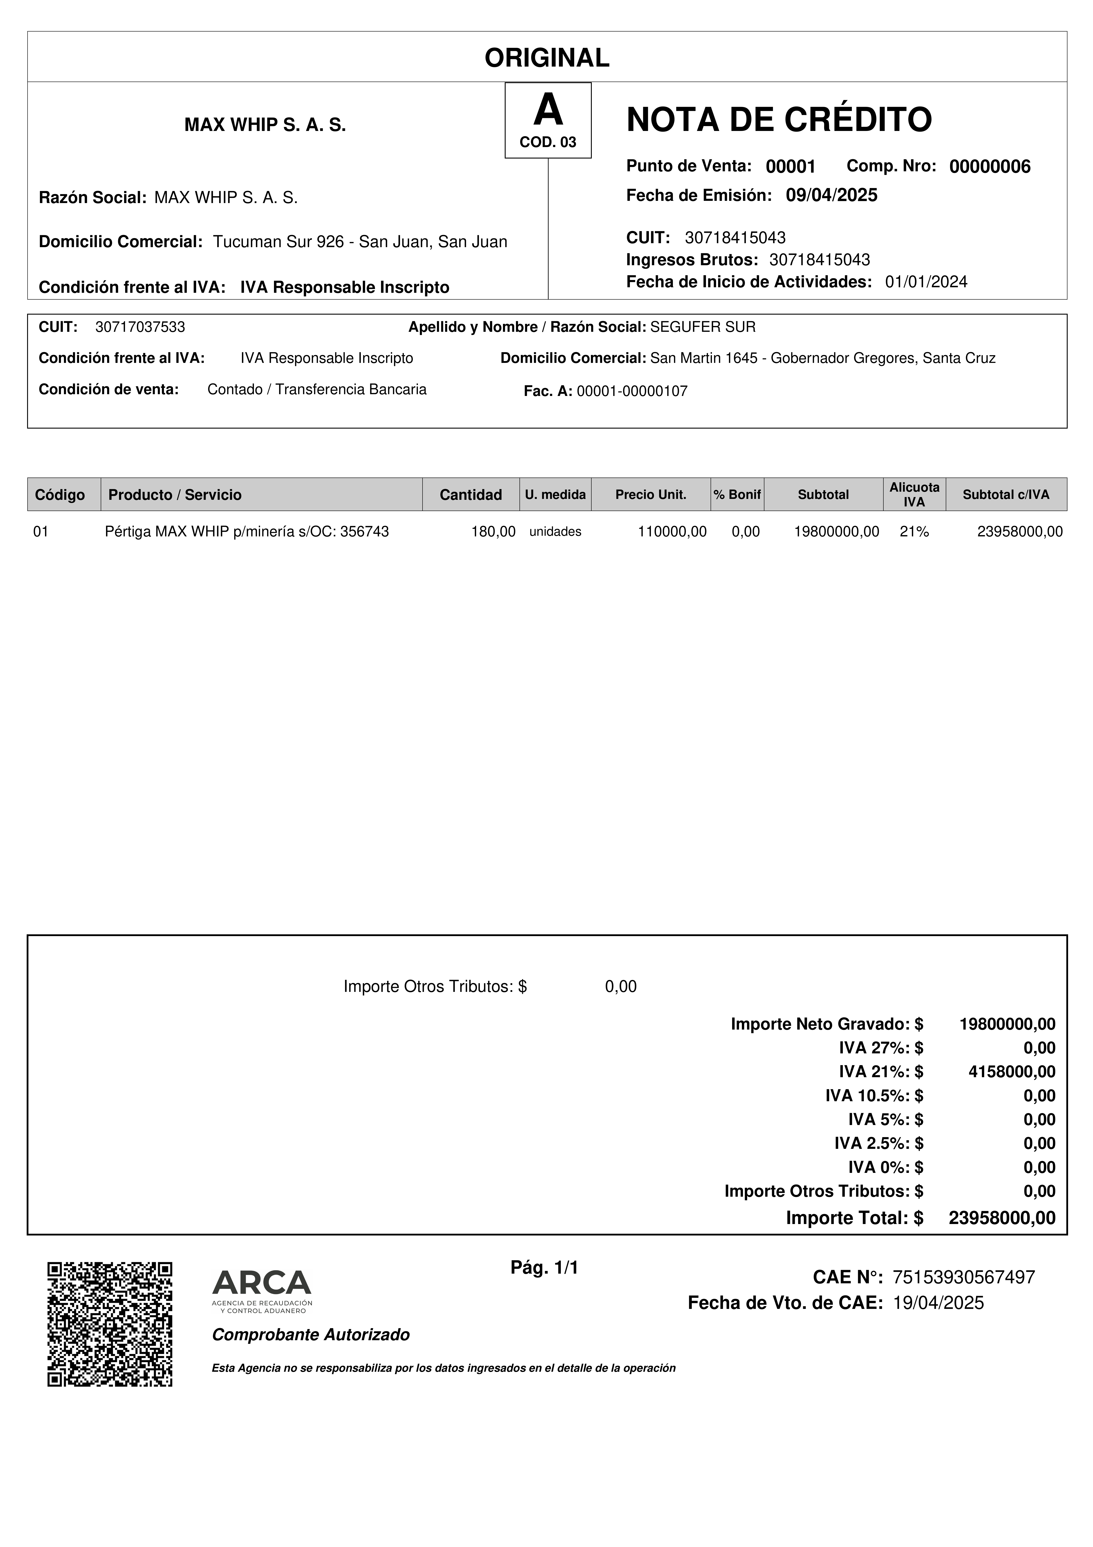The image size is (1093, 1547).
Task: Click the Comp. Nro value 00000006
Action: (989, 167)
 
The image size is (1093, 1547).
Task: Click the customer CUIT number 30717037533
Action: (140, 327)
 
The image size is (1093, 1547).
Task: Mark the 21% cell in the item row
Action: (914, 532)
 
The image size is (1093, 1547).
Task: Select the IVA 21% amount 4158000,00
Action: (1011, 1071)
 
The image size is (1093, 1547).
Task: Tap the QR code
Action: (110, 1323)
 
